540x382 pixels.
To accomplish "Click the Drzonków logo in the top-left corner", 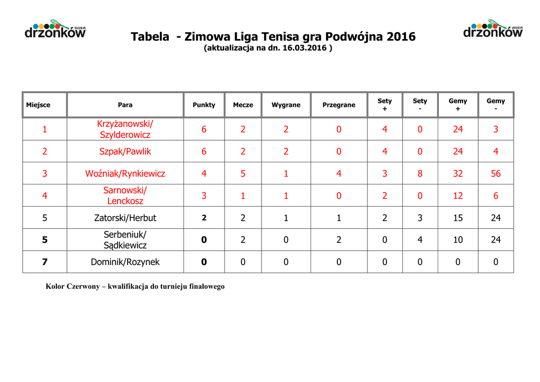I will (55, 30).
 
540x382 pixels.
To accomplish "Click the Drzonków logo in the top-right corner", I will (493, 30).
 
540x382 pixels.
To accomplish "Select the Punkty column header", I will (204, 105).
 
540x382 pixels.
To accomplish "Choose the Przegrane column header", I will (339, 105).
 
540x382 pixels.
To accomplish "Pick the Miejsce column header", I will (38, 105).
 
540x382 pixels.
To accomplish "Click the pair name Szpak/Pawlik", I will (125, 152).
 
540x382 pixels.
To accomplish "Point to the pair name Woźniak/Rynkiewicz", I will (125, 173).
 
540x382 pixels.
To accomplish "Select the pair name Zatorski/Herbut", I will (125, 218).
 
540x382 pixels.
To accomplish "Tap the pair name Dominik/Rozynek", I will (125, 262).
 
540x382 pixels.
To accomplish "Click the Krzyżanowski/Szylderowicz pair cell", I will (125, 129).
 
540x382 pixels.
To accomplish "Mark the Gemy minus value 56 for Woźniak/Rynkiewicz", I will (496, 173).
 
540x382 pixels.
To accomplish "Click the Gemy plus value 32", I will (458, 173).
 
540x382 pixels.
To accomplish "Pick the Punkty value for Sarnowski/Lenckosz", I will (204, 196).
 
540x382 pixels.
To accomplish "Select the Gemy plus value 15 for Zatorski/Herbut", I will (458, 218).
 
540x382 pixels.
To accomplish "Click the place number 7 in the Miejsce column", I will (45, 262).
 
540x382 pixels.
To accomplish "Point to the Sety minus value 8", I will (420, 173).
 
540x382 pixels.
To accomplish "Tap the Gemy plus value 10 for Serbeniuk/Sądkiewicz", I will (458, 240).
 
